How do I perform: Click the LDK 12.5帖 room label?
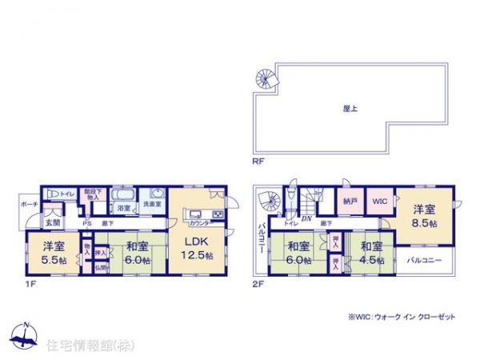coord(196,249)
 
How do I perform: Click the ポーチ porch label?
coord(29,205)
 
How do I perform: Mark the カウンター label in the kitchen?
coord(198,224)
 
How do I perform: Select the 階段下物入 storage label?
coord(92,195)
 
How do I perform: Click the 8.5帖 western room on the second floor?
coord(424,216)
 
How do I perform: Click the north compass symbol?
coord(26,336)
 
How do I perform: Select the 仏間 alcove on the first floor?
coord(101,266)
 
